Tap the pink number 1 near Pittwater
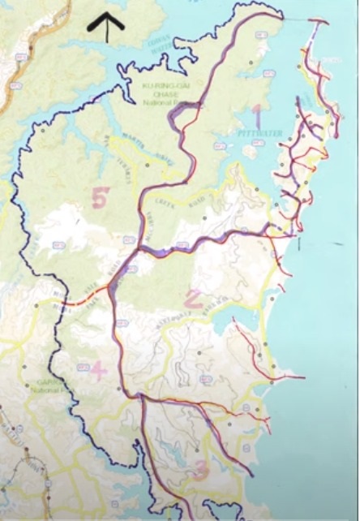(257, 116)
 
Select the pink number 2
(192, 299)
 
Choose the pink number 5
(101, 197)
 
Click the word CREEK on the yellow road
(152, 217)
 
